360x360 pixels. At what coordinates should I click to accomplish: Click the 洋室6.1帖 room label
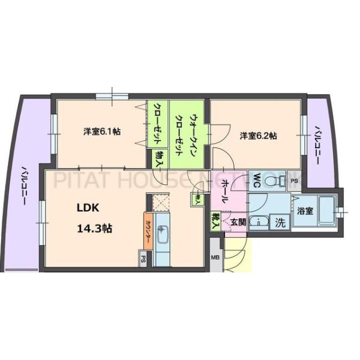coord(101,131)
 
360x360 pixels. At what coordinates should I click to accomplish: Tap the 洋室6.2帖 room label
coord(259,136)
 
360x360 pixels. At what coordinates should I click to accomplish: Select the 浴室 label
coord(304,211)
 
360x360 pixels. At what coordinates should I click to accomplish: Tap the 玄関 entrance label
coord(238,221)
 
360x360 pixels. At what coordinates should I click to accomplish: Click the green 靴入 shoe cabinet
coord(214,221)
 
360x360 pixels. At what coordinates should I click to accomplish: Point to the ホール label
coord(224,191)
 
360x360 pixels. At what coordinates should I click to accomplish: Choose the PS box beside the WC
coord(294,180)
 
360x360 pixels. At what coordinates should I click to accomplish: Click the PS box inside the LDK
coord(143,259)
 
